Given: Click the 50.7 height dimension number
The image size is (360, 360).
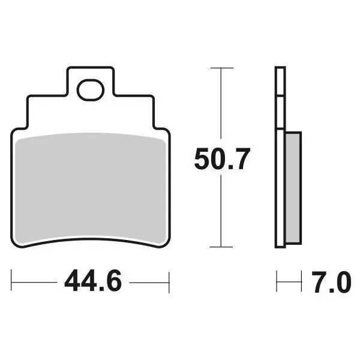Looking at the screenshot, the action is pyautogui.click(x=222, y=159).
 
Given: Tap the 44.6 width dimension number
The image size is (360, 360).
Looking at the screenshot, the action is pyautogui.click(x=93, y=280).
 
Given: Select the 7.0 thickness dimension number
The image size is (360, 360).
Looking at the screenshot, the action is pyautogui.click(x=331, y=282).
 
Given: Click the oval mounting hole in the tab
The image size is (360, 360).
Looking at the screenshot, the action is pyautogui.click(x=91, y=90).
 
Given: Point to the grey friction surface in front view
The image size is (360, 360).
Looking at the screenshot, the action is pyautogui.click(x=91, y=187).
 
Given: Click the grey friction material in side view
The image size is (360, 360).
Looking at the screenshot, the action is pyautogui.click(x=293, y=187).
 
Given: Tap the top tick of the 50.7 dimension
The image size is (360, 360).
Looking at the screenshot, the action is pyautogui.click(x=222, y=68).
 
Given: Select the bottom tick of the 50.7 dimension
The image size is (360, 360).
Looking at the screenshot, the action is pyautogui.click(x=221, y=247).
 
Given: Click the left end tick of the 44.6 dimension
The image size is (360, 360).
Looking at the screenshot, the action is pyautogui.click(x=11, y=280).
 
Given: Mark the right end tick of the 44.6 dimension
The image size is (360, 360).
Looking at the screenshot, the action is pyautogui.click(x=169, y=283).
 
